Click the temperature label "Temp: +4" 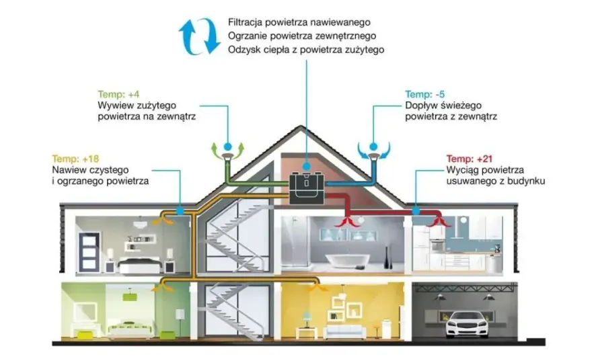pos(118,94)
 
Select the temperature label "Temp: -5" pos(425,94)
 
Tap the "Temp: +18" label pos(75,159)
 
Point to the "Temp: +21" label pos(470,159)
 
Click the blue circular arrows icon pos(200,36)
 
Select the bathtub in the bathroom pos(347,260)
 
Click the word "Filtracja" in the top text pos(245,22)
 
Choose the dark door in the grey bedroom pos(89,251)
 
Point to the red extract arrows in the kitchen pos(439,223)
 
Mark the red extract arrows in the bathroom pos(348,222)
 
